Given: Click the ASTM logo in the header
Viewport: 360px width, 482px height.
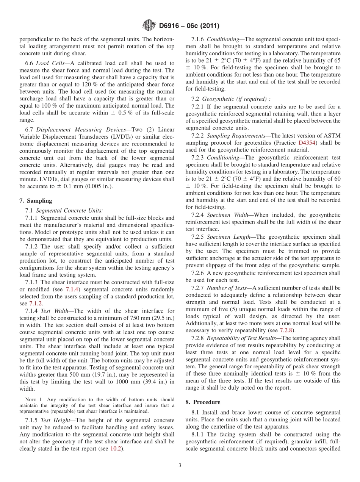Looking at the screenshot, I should [149, 26].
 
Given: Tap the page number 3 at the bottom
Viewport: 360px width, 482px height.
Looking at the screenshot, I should [180, 465].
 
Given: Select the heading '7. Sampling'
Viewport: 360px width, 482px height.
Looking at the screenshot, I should [36, 201].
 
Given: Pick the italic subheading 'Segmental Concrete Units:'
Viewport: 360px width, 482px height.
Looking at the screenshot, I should [69, 210].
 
